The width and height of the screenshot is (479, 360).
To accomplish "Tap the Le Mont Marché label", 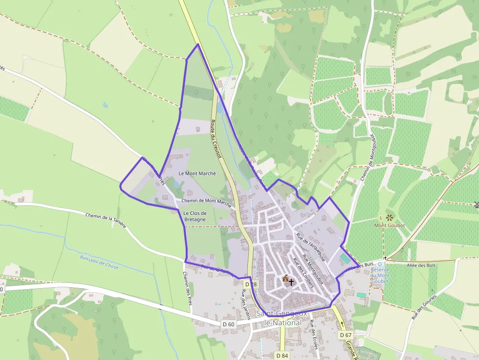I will click(x=197, y=173).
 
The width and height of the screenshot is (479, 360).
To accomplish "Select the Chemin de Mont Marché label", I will click(x=206, y=201).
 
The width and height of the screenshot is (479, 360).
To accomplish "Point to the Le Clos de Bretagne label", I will click(x=195, y=216).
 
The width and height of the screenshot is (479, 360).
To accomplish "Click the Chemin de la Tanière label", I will click(x=106, y=221).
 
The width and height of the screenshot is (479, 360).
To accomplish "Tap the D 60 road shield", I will click(x=228, y=324).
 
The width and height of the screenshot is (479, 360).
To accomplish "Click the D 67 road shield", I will click(x=345, y=335).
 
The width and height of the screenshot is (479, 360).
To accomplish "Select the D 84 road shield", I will click(x=282, y=355).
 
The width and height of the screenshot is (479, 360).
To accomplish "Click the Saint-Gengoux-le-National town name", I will click(x=283, y=318).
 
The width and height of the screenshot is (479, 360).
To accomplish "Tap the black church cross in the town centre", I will click(x=291, y=282).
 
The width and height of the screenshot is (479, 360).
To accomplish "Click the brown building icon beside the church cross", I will click(x=285, y=278).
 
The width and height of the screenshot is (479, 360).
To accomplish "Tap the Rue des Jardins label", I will click(x=245, y=304).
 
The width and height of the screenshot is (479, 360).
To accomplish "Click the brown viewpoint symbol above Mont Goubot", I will click(x=389, y=217).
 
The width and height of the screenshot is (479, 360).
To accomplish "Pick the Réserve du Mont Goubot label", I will click(x=380, y=275).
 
